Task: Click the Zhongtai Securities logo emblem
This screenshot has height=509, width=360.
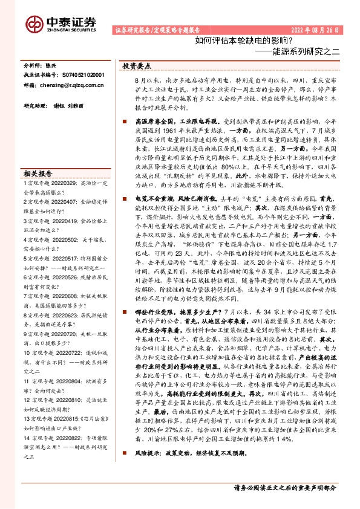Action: pos(34,24)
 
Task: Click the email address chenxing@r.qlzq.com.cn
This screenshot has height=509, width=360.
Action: pos(70,86)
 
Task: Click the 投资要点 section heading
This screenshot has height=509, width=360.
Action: pos(137,65)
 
